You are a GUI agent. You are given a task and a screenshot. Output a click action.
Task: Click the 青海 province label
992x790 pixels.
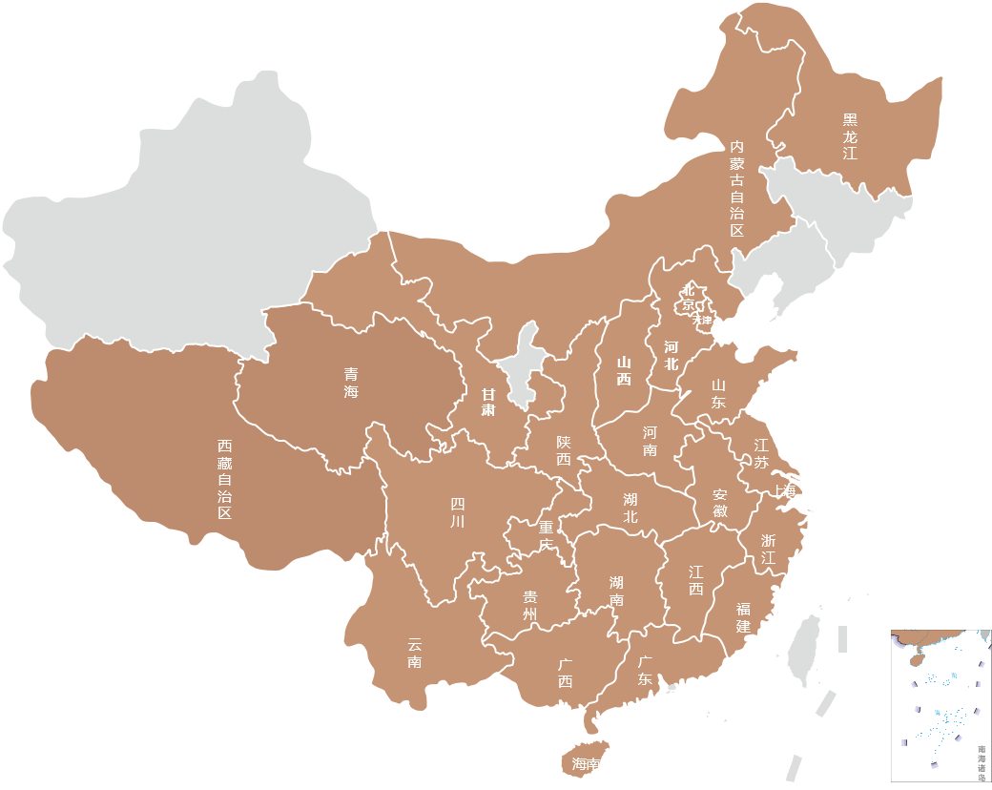coord(352,383)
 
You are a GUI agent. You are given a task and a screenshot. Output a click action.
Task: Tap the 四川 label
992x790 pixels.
coord(458,513)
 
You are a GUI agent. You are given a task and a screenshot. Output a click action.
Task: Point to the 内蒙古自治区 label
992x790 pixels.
coord(736,188)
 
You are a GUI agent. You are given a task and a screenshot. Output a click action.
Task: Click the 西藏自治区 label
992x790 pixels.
coord(224,479)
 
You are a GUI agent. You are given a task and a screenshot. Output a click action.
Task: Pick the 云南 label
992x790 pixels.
coord(414,653)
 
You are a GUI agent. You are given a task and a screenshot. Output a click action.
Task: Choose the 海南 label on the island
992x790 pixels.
coord(586,764)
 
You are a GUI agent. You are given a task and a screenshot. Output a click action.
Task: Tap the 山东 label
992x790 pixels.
coord(717,393)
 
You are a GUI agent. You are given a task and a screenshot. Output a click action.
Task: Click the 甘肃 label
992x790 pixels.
coord(487,402)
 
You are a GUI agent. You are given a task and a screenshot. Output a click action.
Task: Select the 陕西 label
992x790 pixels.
coord(564,450)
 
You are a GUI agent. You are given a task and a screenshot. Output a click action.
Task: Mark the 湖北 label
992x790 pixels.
coord(630,508)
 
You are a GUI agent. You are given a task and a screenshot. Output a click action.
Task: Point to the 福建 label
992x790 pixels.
coord(743,616)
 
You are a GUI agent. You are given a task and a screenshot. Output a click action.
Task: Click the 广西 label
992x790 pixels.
coord(565,673)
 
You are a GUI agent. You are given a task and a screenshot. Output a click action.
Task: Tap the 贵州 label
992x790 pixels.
coord(530,605)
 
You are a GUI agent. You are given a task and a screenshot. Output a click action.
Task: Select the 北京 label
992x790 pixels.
coord(687,298)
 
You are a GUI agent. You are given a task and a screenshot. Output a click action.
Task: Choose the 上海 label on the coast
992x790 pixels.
coord(785,491)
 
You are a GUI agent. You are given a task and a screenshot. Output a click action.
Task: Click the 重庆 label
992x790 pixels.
coord(546,535)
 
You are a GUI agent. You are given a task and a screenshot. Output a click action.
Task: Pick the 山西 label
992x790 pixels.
coord(624,370)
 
